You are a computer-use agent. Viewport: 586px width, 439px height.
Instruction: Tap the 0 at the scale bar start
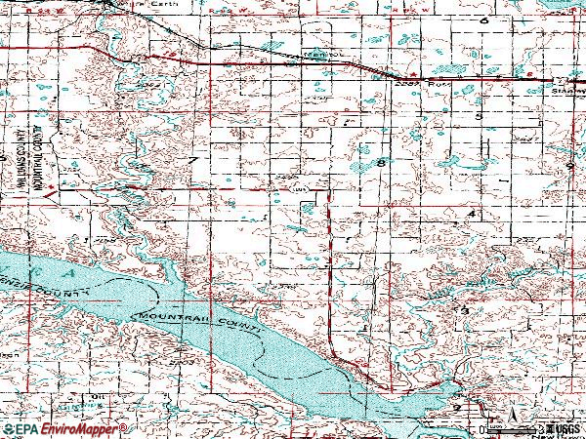pyautogui.click(x=481, y=429)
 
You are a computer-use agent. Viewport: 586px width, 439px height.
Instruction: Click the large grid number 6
pyautogui.click(x=482, y=20)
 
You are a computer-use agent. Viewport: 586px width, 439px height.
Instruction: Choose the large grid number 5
pyautogui.click(x=478, y=116)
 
